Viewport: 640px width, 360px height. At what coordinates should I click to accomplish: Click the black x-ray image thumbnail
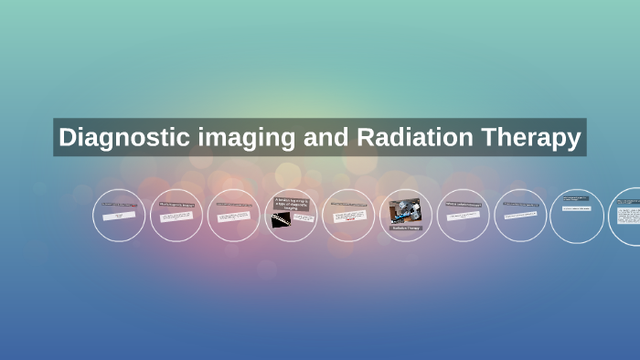click(282, 219)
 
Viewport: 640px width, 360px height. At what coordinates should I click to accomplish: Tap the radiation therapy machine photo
click(405, 211)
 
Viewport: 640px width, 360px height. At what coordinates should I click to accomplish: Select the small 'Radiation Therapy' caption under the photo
click(405, 228)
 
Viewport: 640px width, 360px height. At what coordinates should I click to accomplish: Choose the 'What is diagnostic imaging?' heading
click(176, 205)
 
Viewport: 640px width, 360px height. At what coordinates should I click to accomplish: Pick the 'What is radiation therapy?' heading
click(463, 204)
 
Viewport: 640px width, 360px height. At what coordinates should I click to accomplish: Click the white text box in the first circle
click(119, 217)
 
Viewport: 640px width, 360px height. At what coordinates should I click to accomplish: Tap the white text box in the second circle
click(176, 217)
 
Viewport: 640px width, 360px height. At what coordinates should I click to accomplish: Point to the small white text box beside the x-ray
click(304, 218)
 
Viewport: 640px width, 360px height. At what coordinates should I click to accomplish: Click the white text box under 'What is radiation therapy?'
click(463, 217)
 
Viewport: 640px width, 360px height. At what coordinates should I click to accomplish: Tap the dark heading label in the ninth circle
click(575, 197)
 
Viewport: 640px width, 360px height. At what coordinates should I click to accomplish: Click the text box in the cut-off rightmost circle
click(629, 216)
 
